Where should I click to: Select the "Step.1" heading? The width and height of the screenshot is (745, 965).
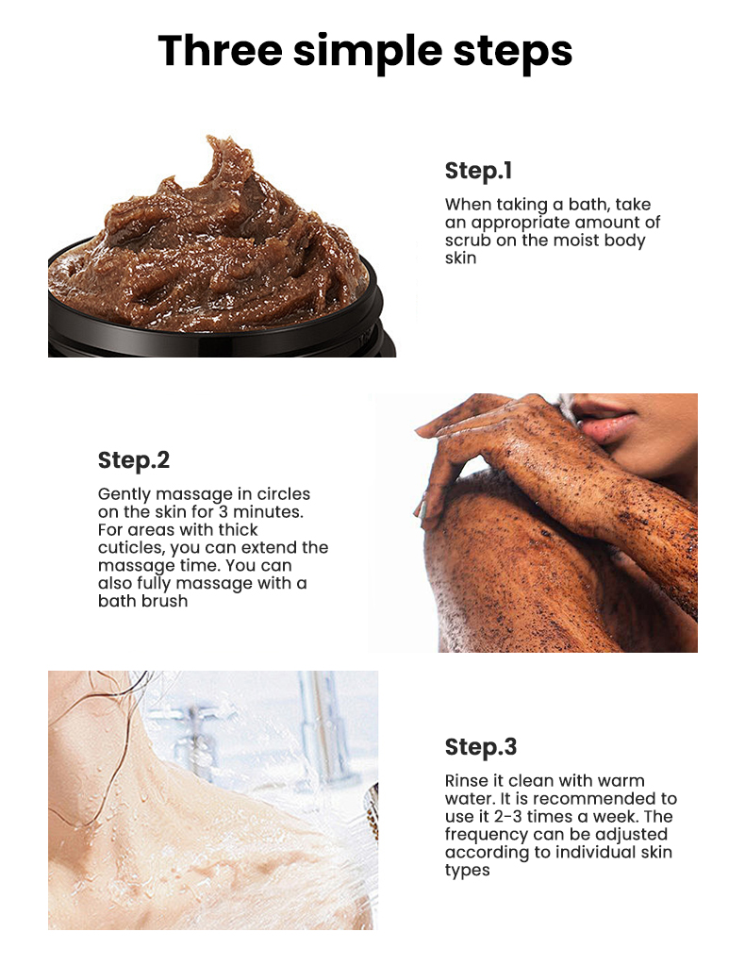point(478,171)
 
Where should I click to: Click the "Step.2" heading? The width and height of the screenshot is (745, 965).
point(134,460)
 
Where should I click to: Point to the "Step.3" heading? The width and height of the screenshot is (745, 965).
point(481,747)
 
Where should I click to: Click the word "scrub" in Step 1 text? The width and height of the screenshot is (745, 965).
point(469,240)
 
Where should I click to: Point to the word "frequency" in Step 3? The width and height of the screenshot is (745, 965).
point(486,835)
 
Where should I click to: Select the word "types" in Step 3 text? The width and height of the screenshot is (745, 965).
point(468,871)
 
